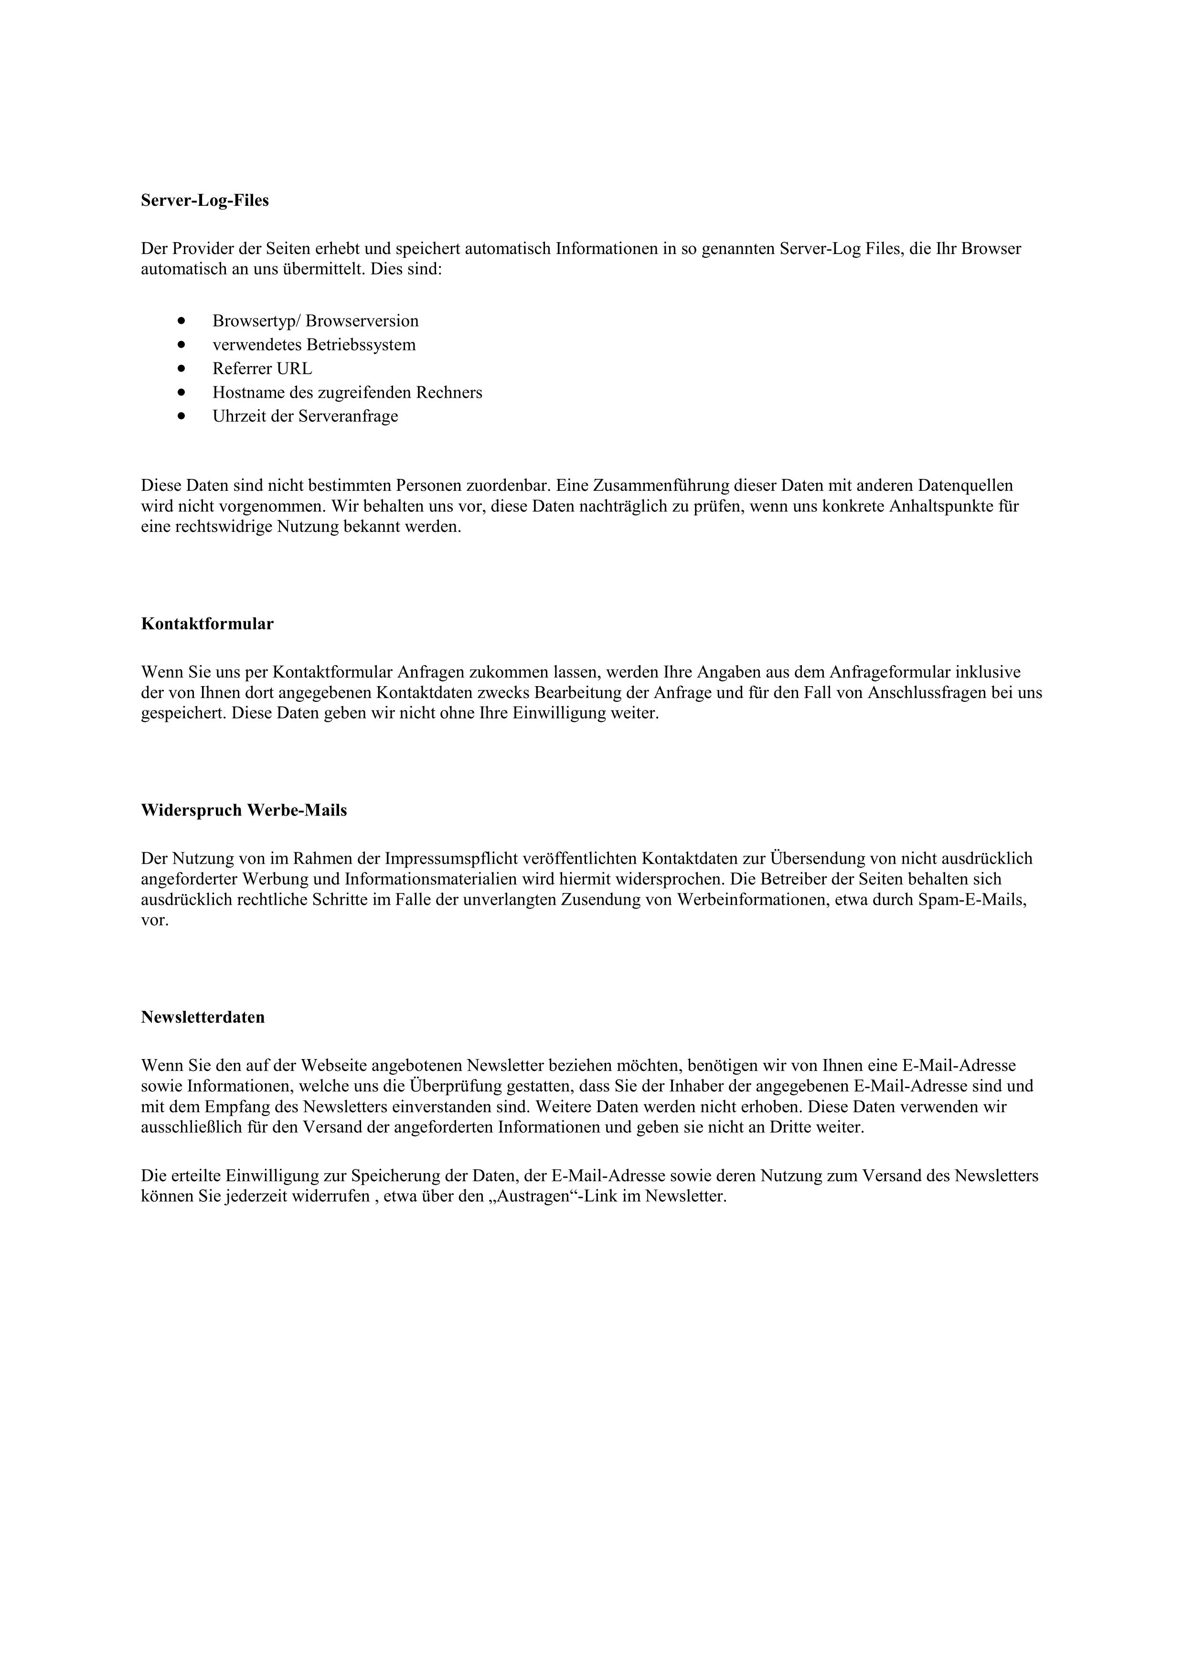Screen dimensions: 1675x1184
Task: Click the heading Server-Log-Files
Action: coord(204,201)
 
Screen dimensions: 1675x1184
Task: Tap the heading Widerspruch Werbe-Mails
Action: coord(244,810)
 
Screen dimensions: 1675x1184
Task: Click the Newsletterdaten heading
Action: coord(203,1018)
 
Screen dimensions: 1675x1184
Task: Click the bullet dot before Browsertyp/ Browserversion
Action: coord(181,321)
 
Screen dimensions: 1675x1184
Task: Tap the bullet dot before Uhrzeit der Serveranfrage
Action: coord(181,416)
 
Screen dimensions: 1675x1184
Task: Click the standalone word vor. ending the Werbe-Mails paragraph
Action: coord(155,920)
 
